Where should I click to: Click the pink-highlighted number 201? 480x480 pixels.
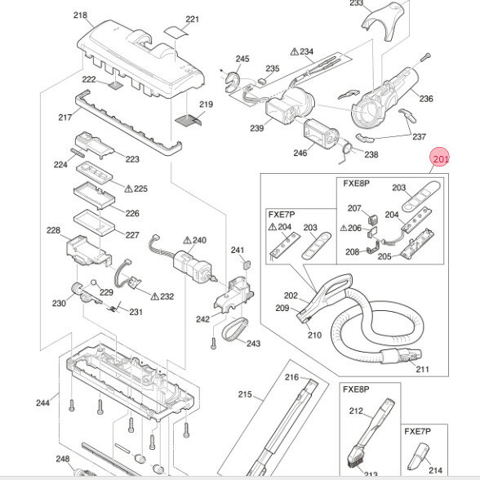pos(441,160)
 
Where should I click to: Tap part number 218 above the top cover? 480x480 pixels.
pos(103,16)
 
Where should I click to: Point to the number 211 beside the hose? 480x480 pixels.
pos(422,370)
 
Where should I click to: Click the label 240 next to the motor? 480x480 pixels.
pos(199,241)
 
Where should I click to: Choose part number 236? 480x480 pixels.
pos(426,100)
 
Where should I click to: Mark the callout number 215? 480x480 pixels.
pos(244,395)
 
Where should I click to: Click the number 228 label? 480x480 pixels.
pos(53,231)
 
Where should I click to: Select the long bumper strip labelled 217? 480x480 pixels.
pos(122,122)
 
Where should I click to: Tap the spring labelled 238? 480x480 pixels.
pos(349,149)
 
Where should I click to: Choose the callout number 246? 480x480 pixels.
pos(300,152)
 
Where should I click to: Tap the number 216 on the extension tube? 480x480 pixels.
pos(292,377)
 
